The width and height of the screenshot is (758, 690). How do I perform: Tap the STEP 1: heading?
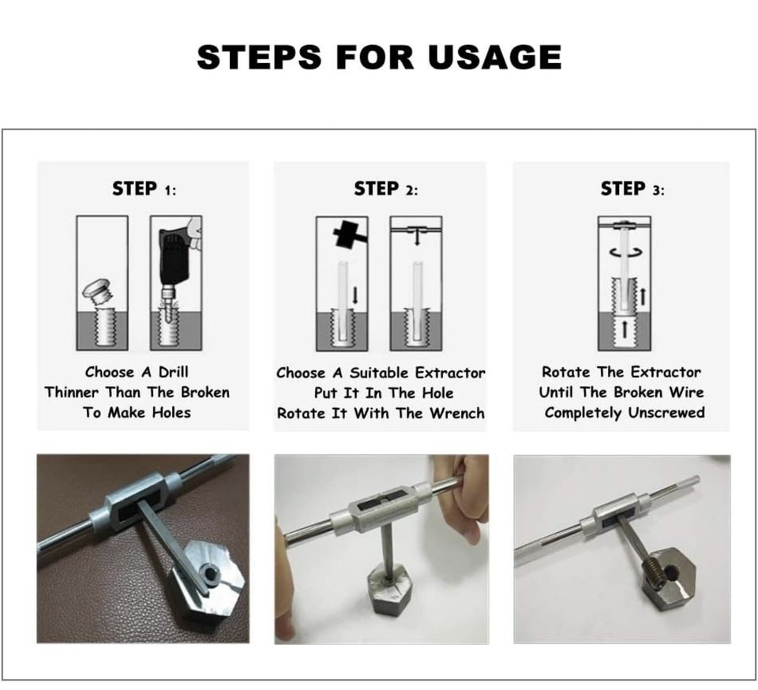click(x=144, y=189)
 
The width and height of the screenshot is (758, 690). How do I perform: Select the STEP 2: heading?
click(x=386, y=189)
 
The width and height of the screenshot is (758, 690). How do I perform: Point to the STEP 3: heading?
click(x=632, y=189)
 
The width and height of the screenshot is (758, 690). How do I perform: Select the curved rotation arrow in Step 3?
click(x=625, y=251)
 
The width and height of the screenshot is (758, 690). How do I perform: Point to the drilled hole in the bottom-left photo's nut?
click(x=211, y=573)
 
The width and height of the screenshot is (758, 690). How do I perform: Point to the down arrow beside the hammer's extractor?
click(x=355, y=295)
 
